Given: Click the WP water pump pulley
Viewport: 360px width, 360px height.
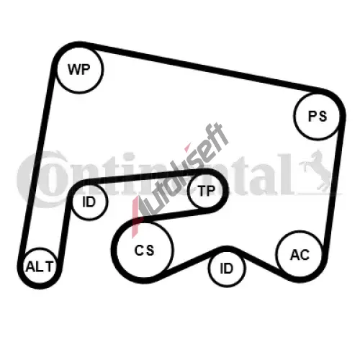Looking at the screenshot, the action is pos(80,69).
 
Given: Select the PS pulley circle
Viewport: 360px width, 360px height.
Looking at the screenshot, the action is pos(317,116).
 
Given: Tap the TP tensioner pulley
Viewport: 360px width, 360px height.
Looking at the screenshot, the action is pos(206,191).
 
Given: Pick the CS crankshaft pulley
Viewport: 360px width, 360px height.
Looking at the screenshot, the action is pos(145,250).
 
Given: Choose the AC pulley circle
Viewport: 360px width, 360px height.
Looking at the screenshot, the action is pos(300,254).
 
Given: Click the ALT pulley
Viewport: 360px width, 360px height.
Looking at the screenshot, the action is pos(40,266).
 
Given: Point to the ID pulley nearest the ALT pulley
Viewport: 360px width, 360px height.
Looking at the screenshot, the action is pos(89,202).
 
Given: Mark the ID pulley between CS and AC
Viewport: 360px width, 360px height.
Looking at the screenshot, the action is pos(227,269).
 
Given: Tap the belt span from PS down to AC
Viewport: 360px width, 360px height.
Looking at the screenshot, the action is pos(333,182).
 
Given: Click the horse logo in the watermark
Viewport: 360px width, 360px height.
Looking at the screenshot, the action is pos(317,171).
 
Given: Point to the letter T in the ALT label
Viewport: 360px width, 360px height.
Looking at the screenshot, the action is pos(49,266).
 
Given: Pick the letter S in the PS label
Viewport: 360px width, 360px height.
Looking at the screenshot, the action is pos(323,116).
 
